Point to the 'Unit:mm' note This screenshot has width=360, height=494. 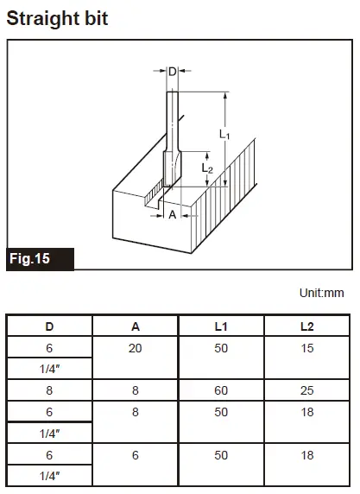tap(321, 293)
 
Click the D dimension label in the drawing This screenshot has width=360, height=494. tap(172, 72)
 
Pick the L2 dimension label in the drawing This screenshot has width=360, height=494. tap(207, 168)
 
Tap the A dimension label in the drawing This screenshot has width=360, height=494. tap(172, 215)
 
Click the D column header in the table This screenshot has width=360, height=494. tap(49, 326)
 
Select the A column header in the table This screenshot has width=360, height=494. tap(136, 326)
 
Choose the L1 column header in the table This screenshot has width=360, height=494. tap(222, 326)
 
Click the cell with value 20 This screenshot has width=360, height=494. tap(136, 347)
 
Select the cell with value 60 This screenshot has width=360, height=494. tap(222, 390)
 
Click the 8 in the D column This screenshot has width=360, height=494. tap(49, 390)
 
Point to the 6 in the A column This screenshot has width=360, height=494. tap(136, 455)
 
